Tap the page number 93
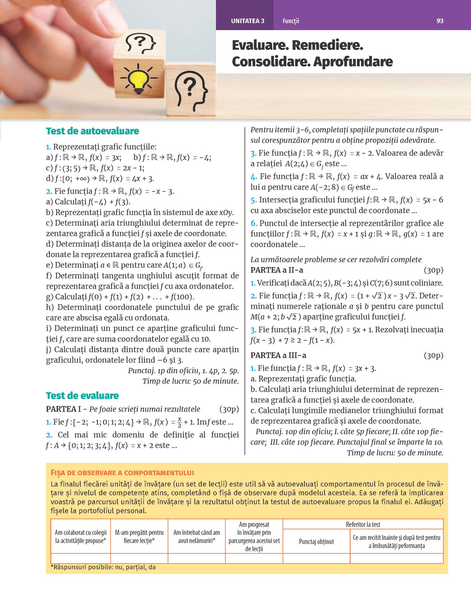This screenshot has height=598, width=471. tap(440, 21)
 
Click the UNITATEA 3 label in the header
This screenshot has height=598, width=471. tap(247, 21)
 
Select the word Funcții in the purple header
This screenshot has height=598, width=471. tap(291, 21)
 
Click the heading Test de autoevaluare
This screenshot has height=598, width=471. tap(92, 131)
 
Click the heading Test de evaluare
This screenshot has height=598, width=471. tap(82, 396)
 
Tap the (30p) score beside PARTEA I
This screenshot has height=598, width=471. tap(229, 409)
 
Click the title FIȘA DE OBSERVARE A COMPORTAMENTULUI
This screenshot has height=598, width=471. tap(122, 473)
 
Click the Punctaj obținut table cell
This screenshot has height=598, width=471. tap(316, 542)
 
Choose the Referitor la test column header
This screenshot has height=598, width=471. tap(363, 524)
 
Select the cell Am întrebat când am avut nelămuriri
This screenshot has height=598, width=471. tap(196, 537)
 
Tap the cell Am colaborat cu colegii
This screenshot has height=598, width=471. tap(80, 537)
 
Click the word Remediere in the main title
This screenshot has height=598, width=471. tap(327, 45)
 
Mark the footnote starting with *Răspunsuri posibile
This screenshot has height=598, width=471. tap(103, 567)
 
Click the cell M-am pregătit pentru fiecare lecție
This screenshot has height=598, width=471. tap(139, 537)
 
